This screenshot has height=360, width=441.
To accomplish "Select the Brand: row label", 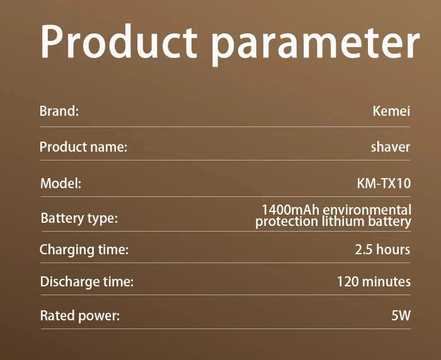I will click(x=59, y=111).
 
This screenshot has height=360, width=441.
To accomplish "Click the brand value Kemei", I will click(x=391, y=111).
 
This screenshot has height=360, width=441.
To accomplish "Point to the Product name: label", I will click(x=83, y=147).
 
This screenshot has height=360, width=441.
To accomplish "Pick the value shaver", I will click(x=391, y=147).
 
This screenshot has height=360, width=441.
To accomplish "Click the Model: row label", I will click(x=61, y=184).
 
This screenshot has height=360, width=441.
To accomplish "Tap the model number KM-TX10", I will click(x=384, y=184).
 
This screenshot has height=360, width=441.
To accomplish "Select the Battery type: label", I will click(x=79, y=218).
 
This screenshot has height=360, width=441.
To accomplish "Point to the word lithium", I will click(x=344, y=222).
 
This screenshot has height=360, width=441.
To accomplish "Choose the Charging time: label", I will click(x=84, y=250).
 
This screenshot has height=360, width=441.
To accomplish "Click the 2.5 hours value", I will click(x=382, y=250).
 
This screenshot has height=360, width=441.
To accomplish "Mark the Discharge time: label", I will click(x=86, y=282).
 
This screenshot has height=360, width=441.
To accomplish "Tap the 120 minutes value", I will click(x=374, y=282).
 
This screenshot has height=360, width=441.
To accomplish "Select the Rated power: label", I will click(x=79, y=315).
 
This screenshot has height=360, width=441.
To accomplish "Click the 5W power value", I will click(x=401, y=315).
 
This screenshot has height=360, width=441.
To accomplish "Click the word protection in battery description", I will click(x=285, y=222).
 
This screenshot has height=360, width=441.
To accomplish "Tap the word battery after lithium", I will click(x=391, y=222).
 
